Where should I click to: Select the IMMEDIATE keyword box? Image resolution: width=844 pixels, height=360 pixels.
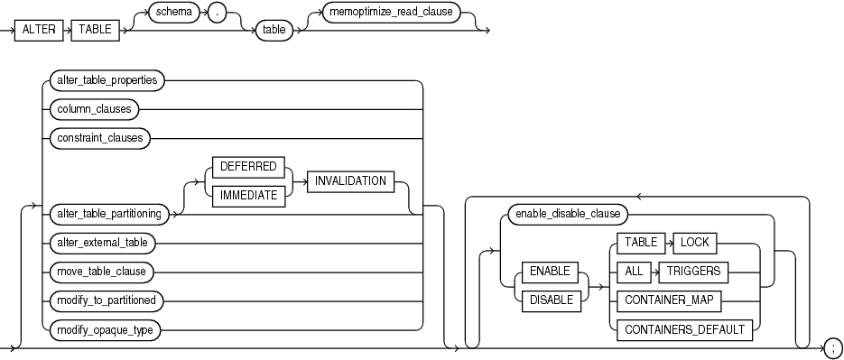247,193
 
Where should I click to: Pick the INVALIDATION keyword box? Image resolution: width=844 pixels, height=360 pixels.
351,180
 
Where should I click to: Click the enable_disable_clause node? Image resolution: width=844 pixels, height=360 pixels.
567,214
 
